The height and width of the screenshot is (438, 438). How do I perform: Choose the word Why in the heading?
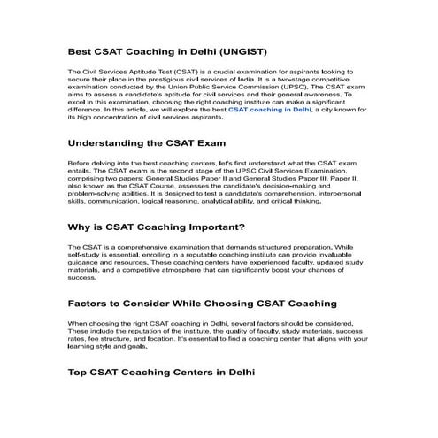click(x=81, y=227)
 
